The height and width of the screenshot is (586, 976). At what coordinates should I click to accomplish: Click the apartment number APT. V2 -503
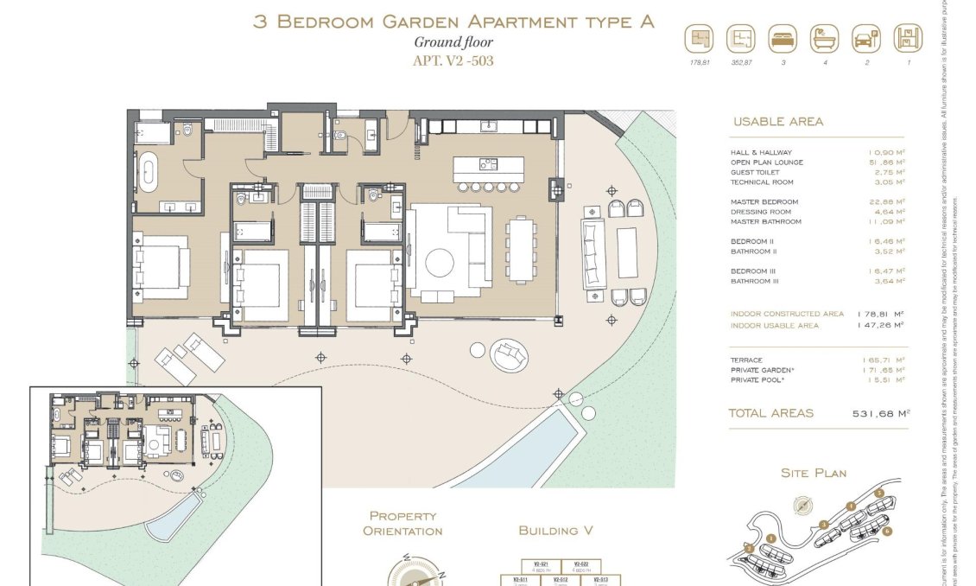[x=453, y=61]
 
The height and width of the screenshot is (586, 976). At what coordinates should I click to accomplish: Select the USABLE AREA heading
[x=777, y=122]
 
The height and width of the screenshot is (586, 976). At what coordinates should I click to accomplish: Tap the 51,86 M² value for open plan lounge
[x=886, y=162]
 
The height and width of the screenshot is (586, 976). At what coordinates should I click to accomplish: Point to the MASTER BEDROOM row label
[x=764, y=202]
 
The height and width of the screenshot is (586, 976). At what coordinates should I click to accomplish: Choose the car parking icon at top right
[x=865, y=39]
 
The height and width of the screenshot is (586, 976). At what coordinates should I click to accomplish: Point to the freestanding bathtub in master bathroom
[x=149, y=171]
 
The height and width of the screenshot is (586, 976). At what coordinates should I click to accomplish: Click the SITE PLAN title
[x=813, y=473]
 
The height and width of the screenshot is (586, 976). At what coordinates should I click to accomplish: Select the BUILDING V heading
[x=555, y=530]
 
